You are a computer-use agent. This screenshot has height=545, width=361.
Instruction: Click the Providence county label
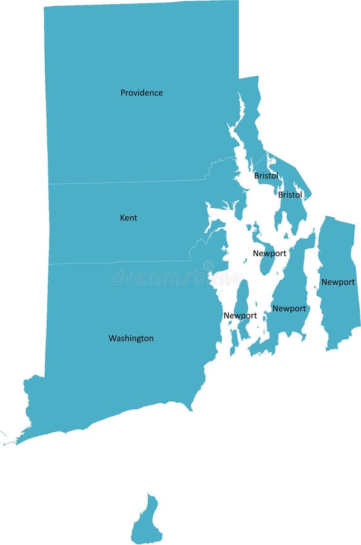141,93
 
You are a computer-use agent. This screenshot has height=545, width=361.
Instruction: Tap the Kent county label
128,217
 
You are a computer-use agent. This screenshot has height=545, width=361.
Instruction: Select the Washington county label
131,338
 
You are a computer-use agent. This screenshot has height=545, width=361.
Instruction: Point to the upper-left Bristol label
266,176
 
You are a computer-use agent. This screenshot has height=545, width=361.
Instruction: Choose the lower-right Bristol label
290,195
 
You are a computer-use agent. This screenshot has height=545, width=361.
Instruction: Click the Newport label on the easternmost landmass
338,282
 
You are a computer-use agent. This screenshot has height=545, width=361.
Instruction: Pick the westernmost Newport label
240,315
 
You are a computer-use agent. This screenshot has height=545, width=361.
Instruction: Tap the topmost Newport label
270,253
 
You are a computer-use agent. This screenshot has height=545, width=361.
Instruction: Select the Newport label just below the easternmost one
289,308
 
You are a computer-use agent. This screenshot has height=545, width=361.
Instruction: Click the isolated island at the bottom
147,521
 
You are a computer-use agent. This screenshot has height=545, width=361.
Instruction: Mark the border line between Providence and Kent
121,182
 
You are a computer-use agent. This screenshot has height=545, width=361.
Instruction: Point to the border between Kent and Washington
121,262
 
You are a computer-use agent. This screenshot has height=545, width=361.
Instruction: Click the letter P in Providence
123,93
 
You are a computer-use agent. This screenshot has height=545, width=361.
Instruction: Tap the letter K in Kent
122,217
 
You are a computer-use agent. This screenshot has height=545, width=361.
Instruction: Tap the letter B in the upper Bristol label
256,176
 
